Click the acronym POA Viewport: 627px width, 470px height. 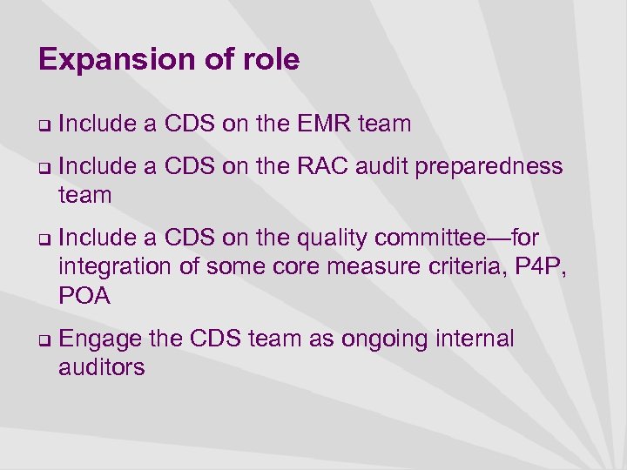pyautogui.click(x=84, y=296)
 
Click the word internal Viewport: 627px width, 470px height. pyautogui.click(x=478, y=339)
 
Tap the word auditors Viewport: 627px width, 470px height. pyautogui.click(x=102, y=367)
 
